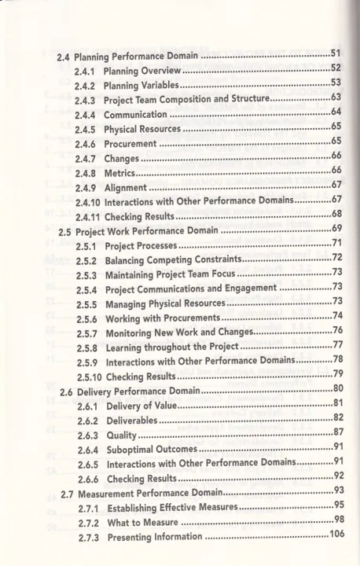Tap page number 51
336,53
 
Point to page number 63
336,98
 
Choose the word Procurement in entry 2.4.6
131,145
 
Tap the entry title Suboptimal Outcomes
151,450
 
